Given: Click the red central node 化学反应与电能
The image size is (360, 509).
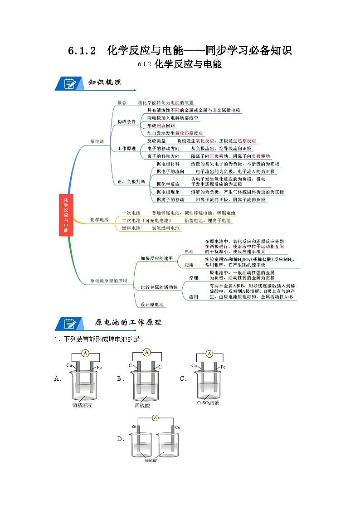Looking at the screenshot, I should [66, 214].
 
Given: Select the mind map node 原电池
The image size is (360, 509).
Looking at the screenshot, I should [97, 142].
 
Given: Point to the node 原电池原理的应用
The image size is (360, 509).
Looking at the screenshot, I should [109, 281].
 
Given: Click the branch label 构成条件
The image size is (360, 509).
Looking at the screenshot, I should [126, 122].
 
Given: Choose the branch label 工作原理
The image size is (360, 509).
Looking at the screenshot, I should [126, 149].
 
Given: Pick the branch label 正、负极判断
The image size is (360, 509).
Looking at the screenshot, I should [131, 181].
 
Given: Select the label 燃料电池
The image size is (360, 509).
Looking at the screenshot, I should [131, 228].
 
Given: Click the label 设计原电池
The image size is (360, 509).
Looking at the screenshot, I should [152, 305].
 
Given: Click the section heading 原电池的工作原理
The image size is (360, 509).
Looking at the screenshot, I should [128, 323].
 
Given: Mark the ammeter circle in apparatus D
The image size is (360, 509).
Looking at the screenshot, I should [155, 418].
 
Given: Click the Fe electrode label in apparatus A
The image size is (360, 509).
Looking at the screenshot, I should [99, 367].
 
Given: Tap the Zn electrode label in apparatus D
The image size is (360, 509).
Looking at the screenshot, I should [134, 427].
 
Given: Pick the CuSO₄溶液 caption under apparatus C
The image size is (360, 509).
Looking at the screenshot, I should [208, 402].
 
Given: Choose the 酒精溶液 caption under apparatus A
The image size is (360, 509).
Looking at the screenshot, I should [82, 405].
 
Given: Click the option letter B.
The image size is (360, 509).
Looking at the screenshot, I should [120, 379].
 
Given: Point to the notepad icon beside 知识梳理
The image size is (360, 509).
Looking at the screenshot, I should [70, 84].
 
